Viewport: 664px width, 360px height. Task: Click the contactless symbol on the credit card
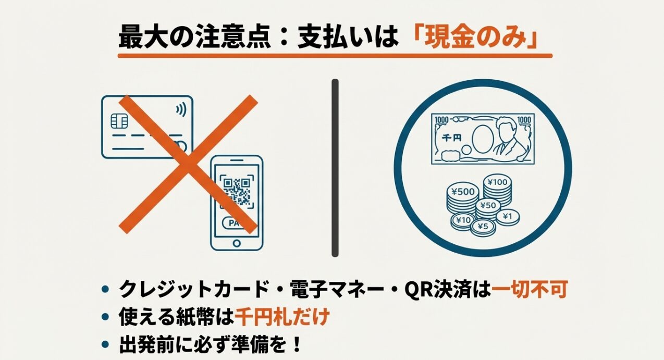pos(180,109)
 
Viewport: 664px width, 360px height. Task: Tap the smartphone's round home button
pos(237,242)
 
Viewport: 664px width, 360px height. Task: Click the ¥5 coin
pos(483,226)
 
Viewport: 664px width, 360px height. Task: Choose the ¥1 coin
pos(507,216)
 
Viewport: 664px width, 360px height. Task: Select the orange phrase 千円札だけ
pos(282,316)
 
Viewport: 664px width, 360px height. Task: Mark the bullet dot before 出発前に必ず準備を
pos(106,344)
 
